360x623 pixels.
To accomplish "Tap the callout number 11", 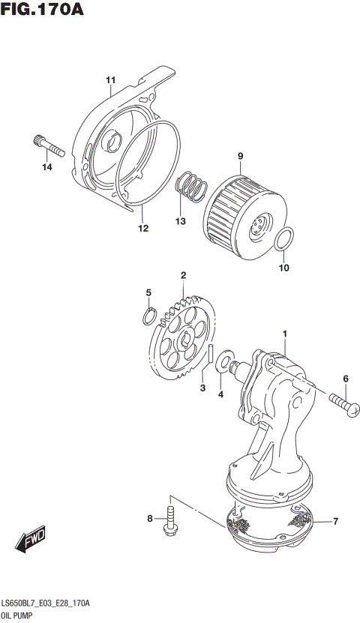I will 110,80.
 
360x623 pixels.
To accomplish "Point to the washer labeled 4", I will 223,364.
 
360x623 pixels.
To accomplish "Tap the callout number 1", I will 285,332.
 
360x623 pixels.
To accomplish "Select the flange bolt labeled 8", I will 169,520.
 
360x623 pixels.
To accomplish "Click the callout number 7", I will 335,521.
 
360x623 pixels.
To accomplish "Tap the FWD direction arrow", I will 28,540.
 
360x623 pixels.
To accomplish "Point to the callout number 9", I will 241,156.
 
